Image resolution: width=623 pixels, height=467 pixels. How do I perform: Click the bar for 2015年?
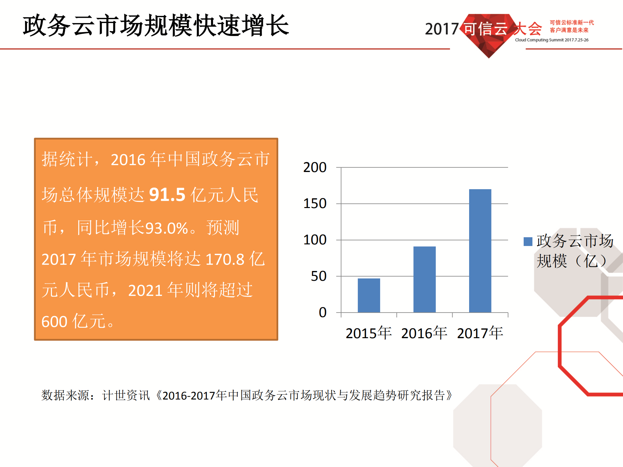369,295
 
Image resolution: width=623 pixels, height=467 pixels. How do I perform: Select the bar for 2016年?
424,279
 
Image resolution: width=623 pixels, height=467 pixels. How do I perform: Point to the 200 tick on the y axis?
315,167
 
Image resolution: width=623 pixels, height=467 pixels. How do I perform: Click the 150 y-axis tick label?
315,204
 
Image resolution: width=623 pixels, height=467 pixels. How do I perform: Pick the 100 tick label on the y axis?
315,240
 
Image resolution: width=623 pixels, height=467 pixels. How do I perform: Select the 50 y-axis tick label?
318,277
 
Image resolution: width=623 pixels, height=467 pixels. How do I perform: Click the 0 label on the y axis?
322,313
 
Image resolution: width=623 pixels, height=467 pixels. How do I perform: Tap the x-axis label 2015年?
368,333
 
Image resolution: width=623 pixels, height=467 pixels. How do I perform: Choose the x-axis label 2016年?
424,333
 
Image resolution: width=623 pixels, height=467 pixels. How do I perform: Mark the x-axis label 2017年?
480,333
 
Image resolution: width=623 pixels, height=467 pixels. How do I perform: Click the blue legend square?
528,241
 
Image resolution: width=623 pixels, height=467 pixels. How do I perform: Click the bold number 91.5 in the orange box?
167,195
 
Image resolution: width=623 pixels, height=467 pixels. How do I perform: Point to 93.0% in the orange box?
167,228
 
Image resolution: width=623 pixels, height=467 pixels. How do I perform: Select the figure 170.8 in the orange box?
225,259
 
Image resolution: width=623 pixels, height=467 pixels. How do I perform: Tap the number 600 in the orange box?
54,322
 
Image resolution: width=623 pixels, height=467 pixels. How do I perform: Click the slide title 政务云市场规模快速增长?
156,25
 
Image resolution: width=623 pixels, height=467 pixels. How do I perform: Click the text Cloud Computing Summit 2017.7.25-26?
552,40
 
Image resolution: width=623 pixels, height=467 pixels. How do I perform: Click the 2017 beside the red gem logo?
442,29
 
